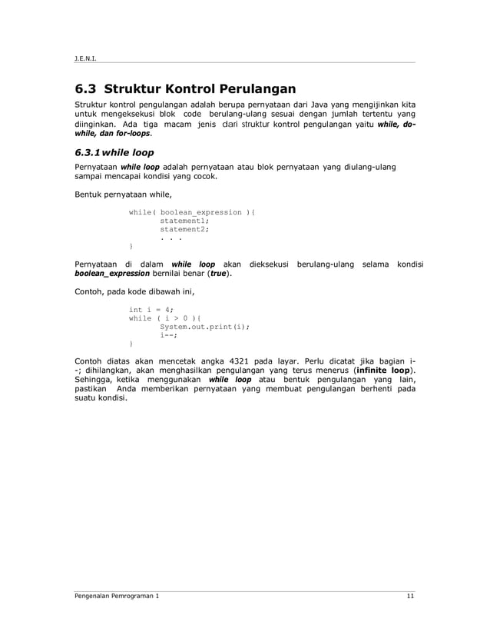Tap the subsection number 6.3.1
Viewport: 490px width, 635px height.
click(x=89, y=151)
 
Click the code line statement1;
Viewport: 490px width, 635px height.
click(x=184, y=220)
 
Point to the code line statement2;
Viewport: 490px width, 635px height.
click(x=184, y=228)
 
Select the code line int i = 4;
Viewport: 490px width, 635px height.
click(x=151, y=309)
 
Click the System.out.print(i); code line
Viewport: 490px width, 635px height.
click(x=204, y=326)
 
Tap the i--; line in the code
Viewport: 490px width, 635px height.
click(x=169, y=334)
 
